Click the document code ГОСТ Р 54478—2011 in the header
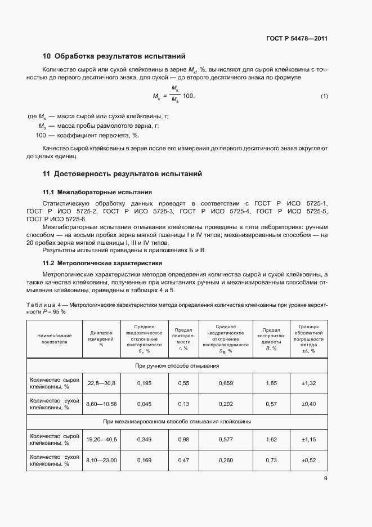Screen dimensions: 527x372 point(296,39)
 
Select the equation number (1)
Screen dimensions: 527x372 point(324,97)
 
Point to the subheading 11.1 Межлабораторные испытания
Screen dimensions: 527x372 point(97,192)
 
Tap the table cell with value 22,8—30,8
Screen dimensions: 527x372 point(101,383)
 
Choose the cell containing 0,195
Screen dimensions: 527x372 point(144,383)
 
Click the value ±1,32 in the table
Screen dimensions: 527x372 point(309,383)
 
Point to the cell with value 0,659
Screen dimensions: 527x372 point(225,383)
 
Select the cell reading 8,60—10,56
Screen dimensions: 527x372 point(101,404)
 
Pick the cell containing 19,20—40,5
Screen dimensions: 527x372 point(101,439)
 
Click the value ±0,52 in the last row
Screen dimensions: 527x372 point(309,460)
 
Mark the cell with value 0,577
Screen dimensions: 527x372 point(225,439)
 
